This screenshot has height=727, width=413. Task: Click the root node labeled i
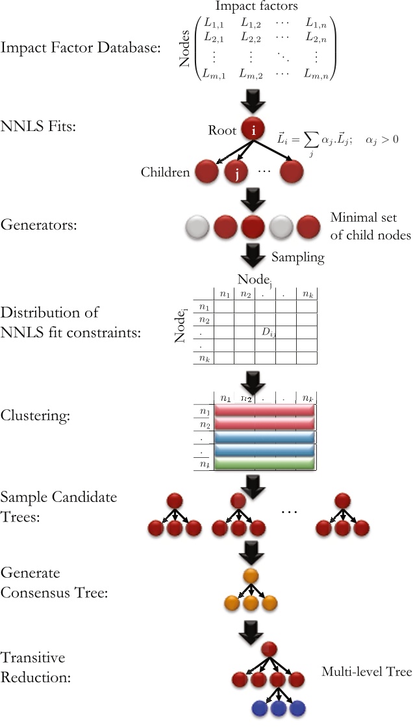point(253,130)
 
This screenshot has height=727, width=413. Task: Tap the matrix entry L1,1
point(214,24)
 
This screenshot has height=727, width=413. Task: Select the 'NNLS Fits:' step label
point(38,126)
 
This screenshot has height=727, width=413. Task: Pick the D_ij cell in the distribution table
point(268,333)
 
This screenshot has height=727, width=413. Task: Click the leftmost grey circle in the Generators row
point(196,228)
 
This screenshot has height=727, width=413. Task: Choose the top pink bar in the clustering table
point(264,412)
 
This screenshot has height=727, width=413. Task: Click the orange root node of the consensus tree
point(251,575)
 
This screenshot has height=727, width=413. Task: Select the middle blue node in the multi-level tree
point(279,707)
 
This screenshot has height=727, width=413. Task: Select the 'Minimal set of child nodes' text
point(370,226)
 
